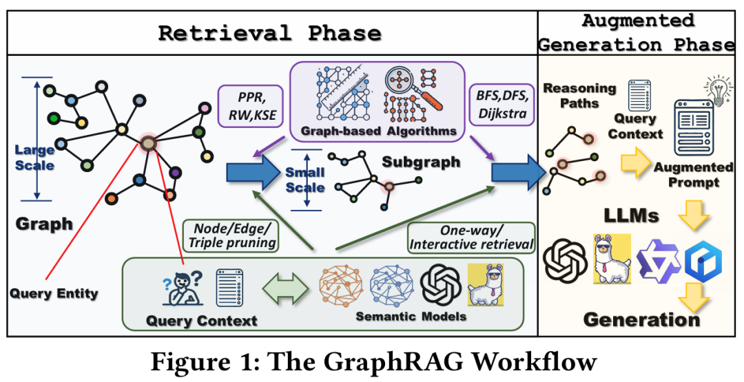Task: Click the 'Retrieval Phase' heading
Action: coord(269,34)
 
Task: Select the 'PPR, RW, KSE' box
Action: coord(251,106)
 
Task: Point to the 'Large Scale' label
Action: coord(34,158)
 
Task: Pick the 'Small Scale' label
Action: coord(305,180)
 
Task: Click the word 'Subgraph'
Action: coord(421,162)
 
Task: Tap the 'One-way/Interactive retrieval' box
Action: coord(471,237)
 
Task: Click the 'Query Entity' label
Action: coord(54,293)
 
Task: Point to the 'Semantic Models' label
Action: coord(411,316)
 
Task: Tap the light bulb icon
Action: coord(719,91)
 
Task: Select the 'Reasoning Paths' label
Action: coord(579,95)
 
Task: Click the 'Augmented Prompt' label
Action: coord(693,174)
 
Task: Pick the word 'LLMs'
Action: coord(631,215)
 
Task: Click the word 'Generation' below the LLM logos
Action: coord(641,319)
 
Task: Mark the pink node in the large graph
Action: coord(205,109)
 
